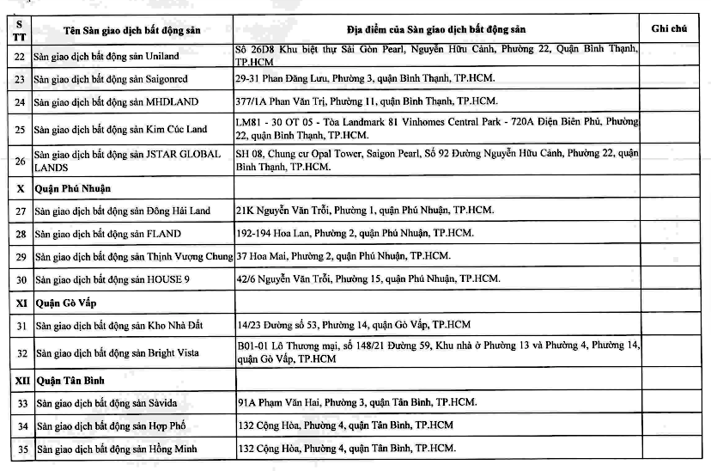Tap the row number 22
coord(20,57)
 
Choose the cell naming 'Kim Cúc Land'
coord(120,130)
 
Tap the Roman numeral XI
coord(20,303)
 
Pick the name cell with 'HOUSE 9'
coord(112,279)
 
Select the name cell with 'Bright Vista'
coord(119,352)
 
